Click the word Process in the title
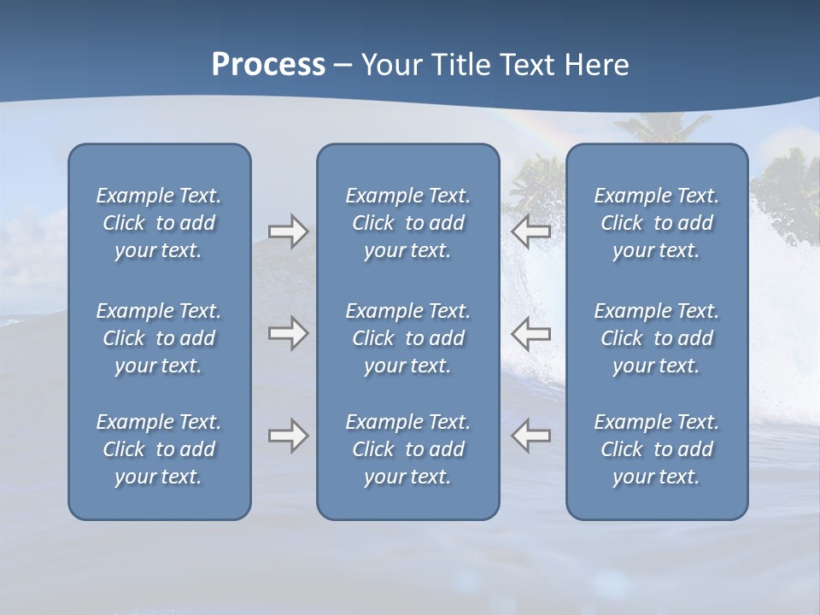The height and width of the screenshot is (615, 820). (x=268, y=65)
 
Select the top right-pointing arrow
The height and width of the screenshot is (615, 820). (x=288, y=231)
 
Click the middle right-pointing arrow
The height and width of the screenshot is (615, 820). (x=288, y=332)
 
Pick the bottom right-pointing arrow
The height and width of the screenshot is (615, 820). (x=288, y=436)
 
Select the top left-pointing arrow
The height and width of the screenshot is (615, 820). (x=531, y=231)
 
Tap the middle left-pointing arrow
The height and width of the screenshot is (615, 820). (x=531, y=332)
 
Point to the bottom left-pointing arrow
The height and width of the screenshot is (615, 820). (x=531, y=436)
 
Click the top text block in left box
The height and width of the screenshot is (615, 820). (x=159, y=223)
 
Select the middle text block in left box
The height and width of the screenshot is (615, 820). (x=159, y=338)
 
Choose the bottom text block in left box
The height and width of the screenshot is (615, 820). (x=159, y=449)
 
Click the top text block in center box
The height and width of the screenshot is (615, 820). (x=407, y=223)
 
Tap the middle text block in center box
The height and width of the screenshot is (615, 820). (x=407, y=338)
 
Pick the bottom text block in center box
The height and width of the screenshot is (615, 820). (x=407, y=449)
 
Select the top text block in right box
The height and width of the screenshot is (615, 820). (x=656, y=223)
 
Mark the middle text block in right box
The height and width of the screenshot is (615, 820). (x=656, y=338)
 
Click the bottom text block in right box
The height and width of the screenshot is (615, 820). (x=656, y=449)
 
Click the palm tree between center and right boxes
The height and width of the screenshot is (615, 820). (x=534, y=184)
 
